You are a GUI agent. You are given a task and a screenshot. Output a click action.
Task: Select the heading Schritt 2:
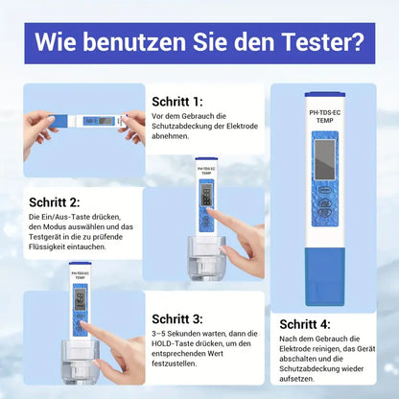pos(55,202)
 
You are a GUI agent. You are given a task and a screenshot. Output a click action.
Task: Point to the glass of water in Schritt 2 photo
pos(205,253)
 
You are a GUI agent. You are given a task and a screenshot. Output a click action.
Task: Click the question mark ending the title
pos(358,43)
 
